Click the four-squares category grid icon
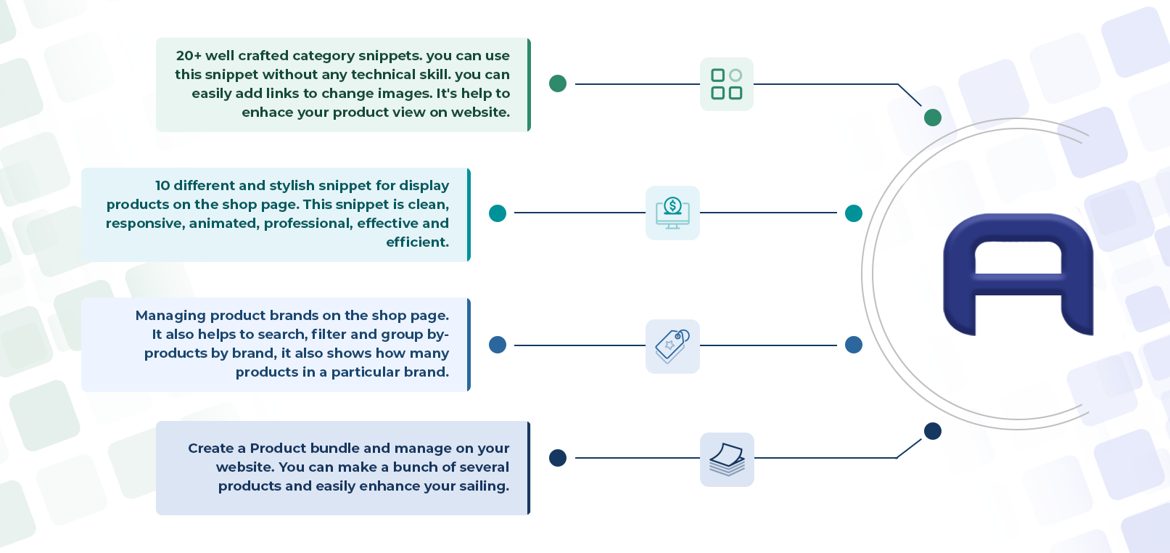click(727, 84)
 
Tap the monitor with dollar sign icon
click(672, 213)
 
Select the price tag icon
click(672, 346)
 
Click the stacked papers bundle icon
click(727, 459)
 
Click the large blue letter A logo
click(1018, 274)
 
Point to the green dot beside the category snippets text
click(558, 83)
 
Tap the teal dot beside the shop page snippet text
click(498, 213)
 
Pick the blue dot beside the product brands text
click(498, 345)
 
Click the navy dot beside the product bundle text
click(558, 458)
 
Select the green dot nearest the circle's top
click(933, 118)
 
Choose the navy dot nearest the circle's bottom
click(933, 431)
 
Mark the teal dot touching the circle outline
click(854, 213)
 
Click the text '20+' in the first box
click(189, 55)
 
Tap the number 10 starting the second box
click(162, 186)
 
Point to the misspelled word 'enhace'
click(268, 112)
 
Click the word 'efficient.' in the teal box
click(417, 242)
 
